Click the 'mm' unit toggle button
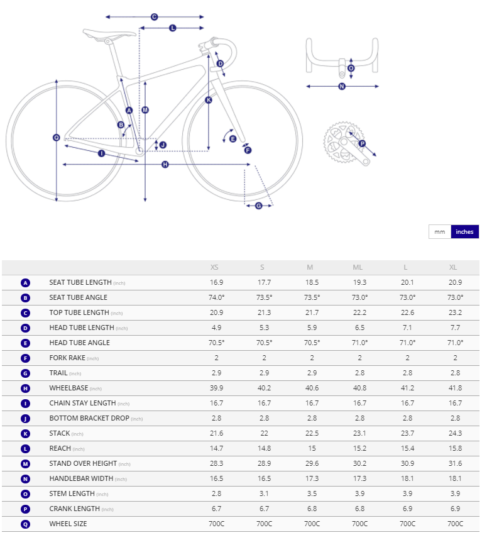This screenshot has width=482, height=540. [x=439, y=232]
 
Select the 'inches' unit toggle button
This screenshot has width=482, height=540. [x=464, y=232]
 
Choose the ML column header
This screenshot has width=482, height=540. [x=358, y=267]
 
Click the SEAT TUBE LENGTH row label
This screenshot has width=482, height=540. [x=80, y=282]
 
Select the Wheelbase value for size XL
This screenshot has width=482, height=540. [x=455, y=388]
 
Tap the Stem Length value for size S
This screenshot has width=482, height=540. [x=264, y=493]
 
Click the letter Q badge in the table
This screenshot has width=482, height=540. [x=25, y=524]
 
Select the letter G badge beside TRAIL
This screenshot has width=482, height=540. [x=25, y=373]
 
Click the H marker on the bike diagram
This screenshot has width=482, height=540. [x=165, y=165]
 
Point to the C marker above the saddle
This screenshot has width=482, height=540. [x=154, y=17]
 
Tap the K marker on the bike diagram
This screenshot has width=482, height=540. [x=209, y=100]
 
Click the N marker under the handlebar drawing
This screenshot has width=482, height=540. [x=342, y=86]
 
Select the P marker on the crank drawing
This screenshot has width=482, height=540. [x=362, y=143]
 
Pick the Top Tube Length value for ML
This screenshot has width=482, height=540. [x=358, y=312]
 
